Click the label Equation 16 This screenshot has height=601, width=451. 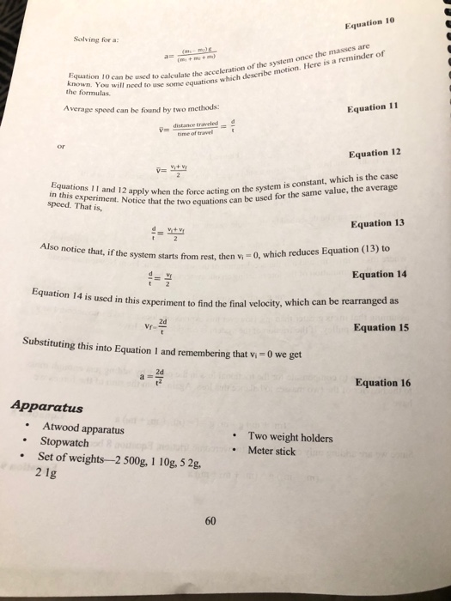(383, 382)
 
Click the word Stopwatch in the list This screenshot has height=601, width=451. (64, 442)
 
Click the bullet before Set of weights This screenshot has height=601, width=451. (28, 458)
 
